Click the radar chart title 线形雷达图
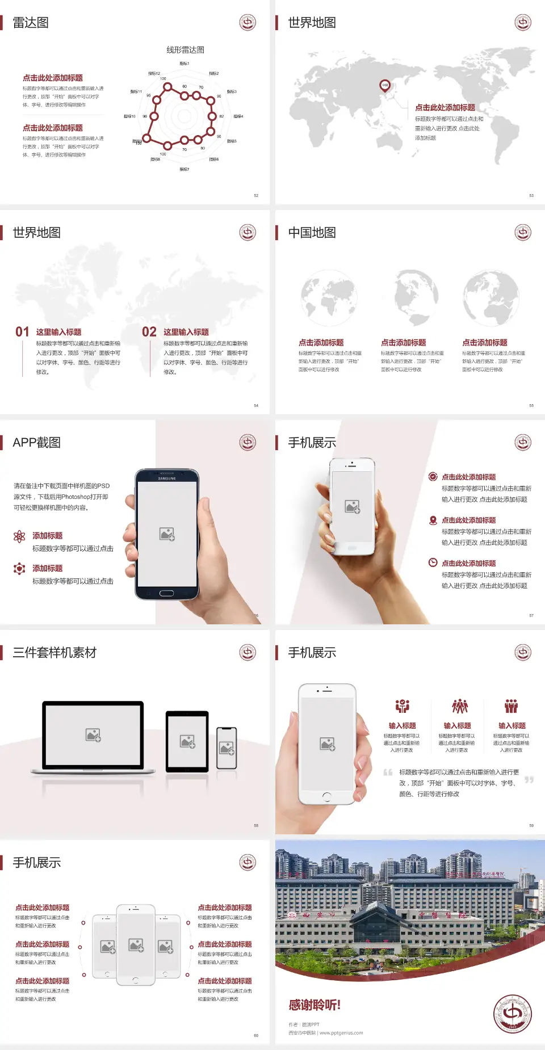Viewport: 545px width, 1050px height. (185, 50)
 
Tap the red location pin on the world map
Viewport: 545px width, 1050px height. (384, 86)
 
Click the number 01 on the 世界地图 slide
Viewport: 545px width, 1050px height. (22, 332)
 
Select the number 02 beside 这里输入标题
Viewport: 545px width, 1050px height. (149, 332)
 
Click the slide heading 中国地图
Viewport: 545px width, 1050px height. (312, 233)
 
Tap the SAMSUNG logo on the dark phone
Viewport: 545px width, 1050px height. (167, 478)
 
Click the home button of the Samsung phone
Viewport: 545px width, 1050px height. (166, 593)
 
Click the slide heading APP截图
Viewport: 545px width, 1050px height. (37, 443)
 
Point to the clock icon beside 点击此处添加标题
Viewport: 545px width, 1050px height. (433, 562)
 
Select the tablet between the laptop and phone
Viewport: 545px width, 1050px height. (187, 741)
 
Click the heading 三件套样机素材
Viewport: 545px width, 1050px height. (54, 653)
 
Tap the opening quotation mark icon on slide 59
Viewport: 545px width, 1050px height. (388, 772)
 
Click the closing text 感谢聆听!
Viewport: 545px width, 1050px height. (315, 1005)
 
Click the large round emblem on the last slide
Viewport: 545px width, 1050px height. (512, 1014)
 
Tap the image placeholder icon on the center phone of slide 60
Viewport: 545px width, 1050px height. (136, 945)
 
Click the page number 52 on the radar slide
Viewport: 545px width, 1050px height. (256, 195)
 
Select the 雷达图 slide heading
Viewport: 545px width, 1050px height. (31, 23)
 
